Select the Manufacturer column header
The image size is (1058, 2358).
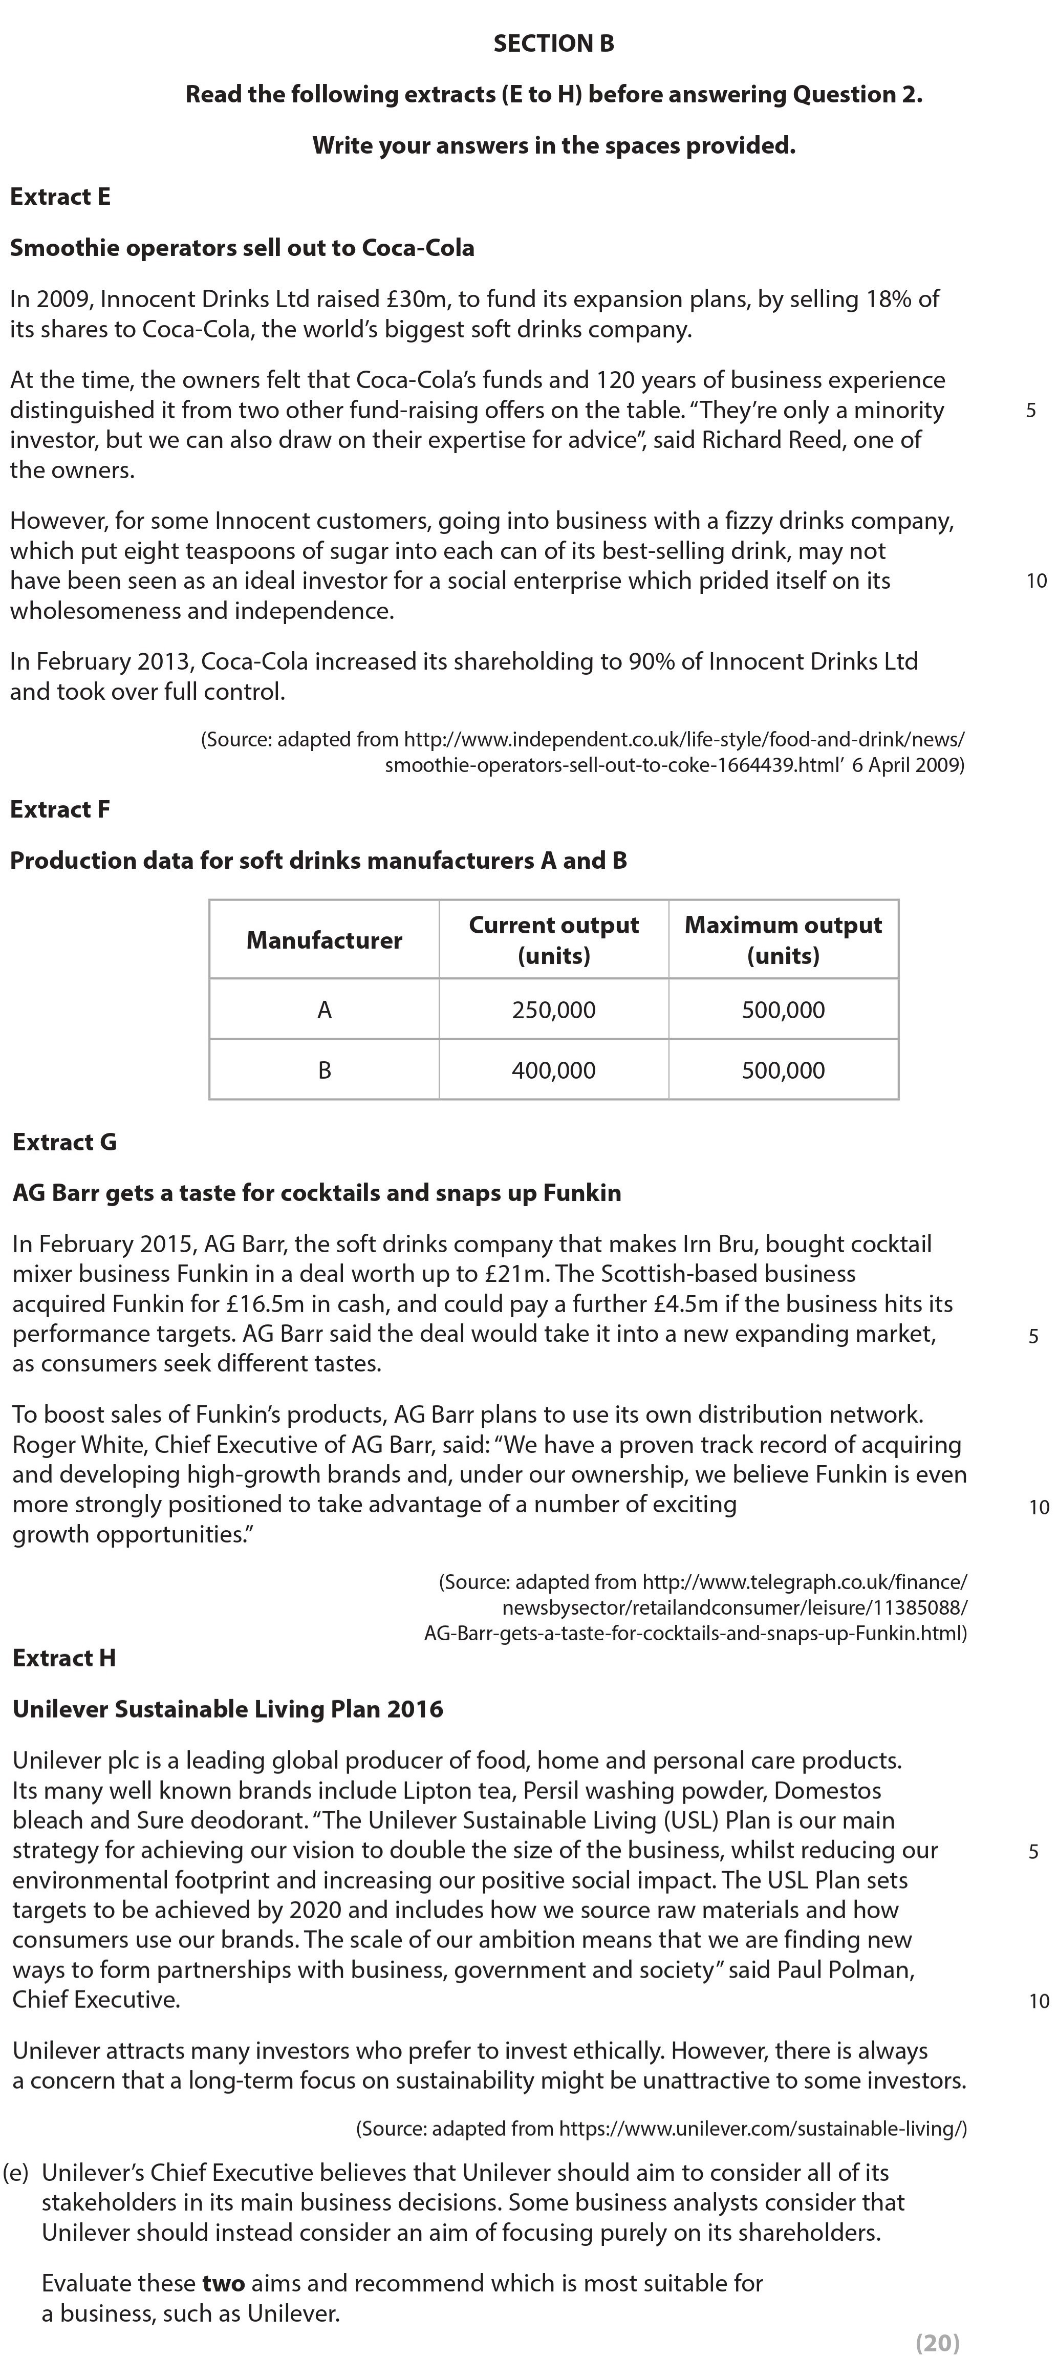coord(324,940)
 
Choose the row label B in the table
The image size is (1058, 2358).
coord(324,1070)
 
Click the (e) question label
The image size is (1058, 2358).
coord(16,2172)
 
